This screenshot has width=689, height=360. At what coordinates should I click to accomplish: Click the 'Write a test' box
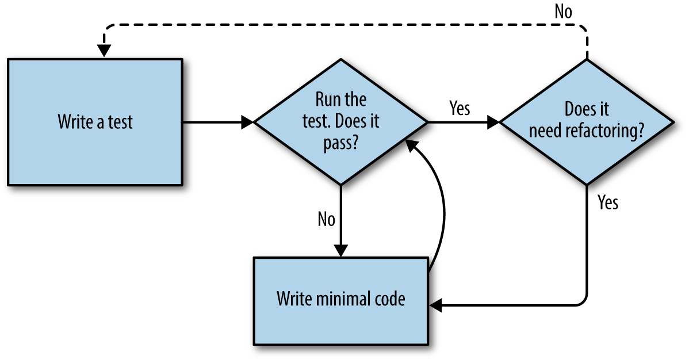point(95,122)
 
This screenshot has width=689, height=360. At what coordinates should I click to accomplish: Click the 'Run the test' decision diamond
point(341,122)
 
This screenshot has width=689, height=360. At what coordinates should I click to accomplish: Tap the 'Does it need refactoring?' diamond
point(586,122)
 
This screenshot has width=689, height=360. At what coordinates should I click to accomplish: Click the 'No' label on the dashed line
point(563,12)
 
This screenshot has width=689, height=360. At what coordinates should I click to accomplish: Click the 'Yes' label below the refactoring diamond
point(608,202)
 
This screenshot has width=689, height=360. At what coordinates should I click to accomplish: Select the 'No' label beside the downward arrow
point(326,219)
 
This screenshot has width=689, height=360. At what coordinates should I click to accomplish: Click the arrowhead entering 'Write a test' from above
point(104,51)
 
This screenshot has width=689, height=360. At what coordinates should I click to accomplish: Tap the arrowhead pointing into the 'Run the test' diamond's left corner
point(248,122)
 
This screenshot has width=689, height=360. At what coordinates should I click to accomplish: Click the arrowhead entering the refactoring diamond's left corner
point(493,122)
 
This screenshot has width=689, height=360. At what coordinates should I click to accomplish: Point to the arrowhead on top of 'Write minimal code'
point(341,251)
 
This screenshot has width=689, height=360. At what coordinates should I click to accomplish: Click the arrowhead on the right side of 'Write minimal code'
point(435,307)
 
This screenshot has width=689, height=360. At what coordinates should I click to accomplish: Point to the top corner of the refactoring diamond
point(586,60)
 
